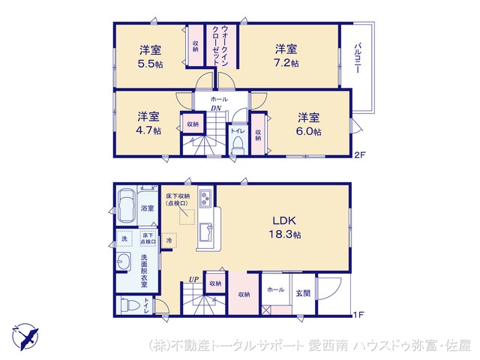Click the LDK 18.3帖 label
(285, 227)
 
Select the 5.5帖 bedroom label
(150, 56)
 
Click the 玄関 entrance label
(302, 293)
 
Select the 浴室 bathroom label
(147, 208)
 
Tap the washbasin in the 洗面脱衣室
(124, 263)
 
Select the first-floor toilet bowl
(130, 306)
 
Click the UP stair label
(193, 280)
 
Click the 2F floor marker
(360, 155)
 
